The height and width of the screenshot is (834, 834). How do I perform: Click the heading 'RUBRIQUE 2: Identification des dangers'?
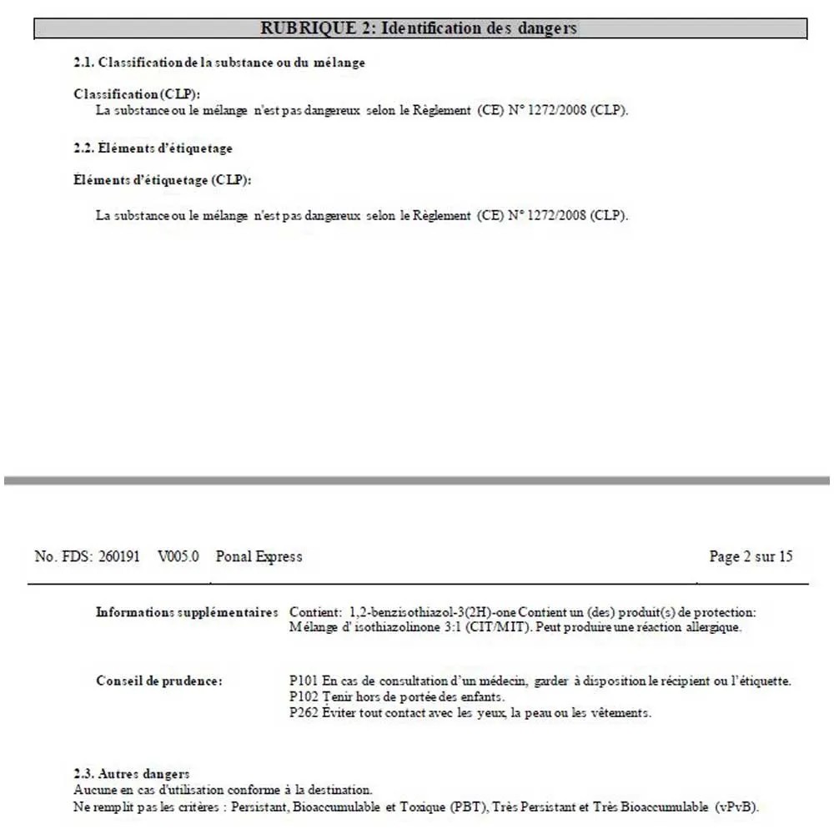pos(419,28)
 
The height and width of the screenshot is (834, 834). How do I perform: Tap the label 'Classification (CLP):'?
pos(138,94)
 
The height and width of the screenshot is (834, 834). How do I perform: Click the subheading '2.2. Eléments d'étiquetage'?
pos(153,148)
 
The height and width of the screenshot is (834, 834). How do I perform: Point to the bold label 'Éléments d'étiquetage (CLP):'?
pos(163,180)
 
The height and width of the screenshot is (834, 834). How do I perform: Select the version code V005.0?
pos(178,556)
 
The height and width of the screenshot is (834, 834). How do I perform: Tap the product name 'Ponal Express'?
pos(259,556)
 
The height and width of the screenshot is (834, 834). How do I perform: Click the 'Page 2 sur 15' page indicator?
pos(750,556)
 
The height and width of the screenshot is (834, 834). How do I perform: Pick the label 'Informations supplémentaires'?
pos(187,612)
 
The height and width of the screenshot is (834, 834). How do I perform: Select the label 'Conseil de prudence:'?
pos(159,681)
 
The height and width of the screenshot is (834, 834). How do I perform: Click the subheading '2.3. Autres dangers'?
pos(132,774)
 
